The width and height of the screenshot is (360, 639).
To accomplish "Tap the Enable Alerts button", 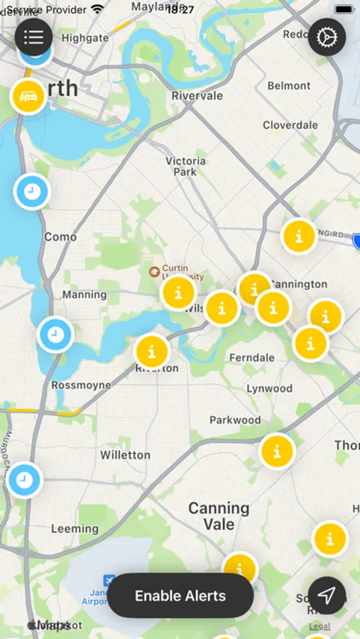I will [180, 596].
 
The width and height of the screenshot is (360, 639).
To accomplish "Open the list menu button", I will [33, 37].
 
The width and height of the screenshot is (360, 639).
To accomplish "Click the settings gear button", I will [327, 37].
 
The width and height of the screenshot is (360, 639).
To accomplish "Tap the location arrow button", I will [327, 596].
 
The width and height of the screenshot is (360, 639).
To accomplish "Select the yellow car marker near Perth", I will [28, 97].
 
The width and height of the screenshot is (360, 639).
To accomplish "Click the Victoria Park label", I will [185, 166].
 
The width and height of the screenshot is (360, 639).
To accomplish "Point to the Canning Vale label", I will [219, 516].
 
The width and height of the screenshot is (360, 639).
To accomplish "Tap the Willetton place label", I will [125, 454].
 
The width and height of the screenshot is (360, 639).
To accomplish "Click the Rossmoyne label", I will [81, 385].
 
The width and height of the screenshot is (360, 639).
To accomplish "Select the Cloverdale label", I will [290, 125].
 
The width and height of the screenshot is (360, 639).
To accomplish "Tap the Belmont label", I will [289, 86].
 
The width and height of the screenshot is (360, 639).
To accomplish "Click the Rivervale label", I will [197, 95].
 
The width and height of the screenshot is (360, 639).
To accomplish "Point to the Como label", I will [60, 236].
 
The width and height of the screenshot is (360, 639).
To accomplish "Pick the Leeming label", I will [75, 528].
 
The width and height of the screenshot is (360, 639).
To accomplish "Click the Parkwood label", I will [235, 420].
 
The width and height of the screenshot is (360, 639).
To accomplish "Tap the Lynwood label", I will [269, 388].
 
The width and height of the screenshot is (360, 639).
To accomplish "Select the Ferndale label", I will [252, 357].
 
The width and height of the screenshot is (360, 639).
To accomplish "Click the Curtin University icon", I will [153, 271].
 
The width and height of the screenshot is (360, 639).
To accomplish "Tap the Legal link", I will [320, 626].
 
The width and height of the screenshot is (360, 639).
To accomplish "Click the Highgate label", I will [85, 38].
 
